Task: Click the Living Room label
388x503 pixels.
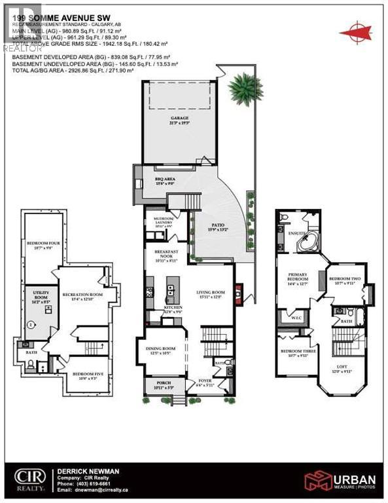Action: point(212,293)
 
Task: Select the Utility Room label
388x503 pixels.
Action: point(37,299)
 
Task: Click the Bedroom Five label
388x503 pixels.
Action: point(86,375)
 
